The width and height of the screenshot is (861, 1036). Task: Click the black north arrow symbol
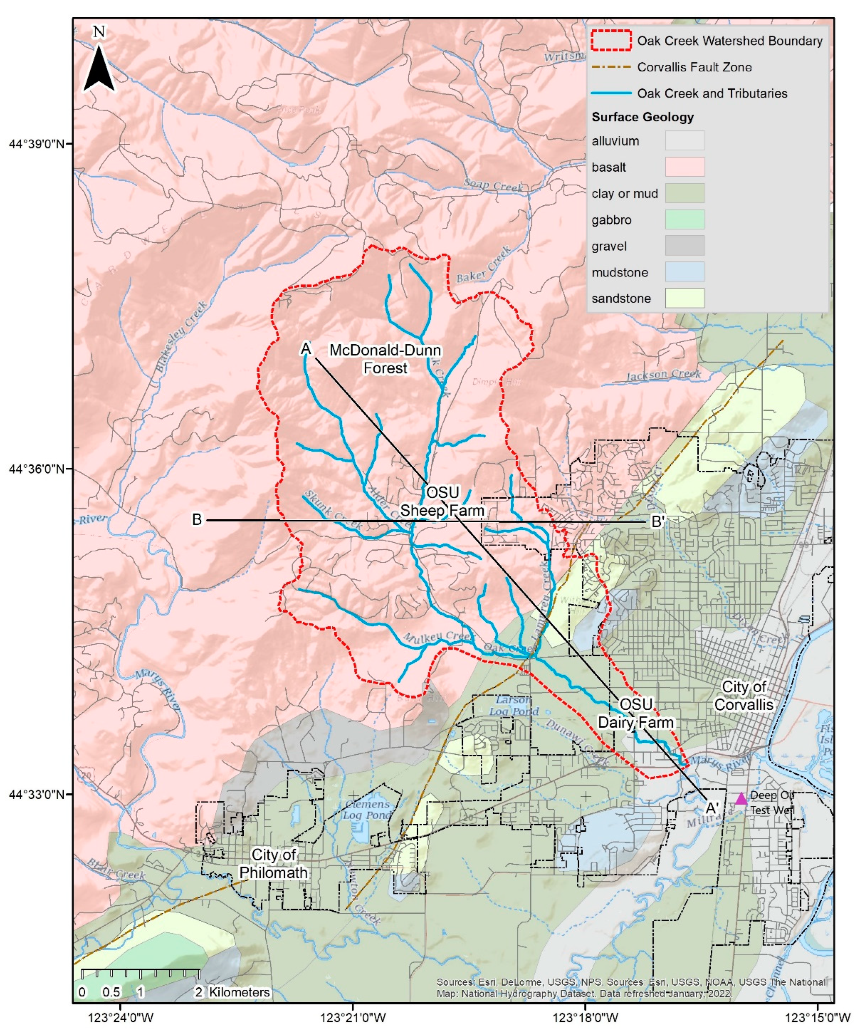100,70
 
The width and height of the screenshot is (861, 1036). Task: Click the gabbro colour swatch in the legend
684,219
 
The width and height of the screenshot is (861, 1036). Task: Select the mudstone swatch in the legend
684,272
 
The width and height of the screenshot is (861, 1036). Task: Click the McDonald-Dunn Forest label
385,359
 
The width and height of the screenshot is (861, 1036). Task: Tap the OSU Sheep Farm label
442,501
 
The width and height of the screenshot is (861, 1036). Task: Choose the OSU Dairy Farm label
636,713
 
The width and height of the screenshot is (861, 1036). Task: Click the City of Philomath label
273,863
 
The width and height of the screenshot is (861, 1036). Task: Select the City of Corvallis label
744,695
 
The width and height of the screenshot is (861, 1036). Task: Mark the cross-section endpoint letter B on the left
197,520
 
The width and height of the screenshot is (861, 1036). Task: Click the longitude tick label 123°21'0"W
353,1017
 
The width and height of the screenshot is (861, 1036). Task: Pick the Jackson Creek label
663,375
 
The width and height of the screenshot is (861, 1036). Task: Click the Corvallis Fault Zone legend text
694,67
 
